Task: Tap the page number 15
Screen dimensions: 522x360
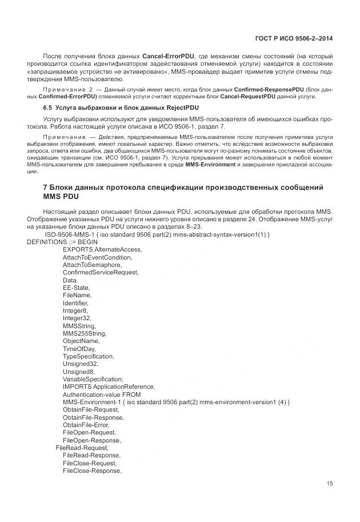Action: (330, 484)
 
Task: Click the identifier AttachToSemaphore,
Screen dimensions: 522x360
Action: (92, 265)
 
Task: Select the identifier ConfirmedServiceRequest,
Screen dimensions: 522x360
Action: (101, 272)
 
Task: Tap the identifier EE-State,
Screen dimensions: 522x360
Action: (77, 288)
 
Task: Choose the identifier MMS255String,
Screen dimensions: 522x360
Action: (85, 333)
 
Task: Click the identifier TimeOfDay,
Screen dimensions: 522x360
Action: (79, 348)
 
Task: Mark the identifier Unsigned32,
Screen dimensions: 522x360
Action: (81, 363)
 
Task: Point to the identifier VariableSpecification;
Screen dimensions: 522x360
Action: (93, 378)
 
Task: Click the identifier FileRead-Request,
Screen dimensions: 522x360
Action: (82, 448)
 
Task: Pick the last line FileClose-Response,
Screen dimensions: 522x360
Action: (92, 471)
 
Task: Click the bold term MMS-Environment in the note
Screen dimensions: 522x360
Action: (210, 165)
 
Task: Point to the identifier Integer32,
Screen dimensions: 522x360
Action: (77, 318)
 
